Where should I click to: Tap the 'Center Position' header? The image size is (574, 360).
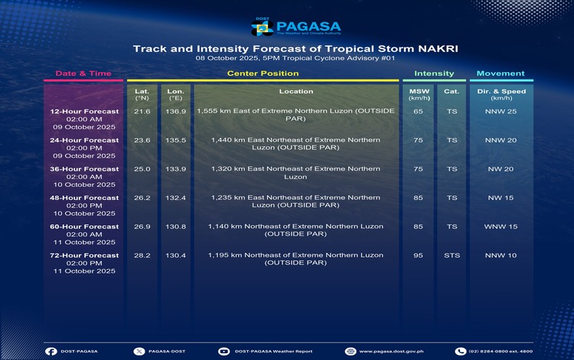[x=263, y=74]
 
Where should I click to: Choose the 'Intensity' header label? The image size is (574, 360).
[x=434, y=74]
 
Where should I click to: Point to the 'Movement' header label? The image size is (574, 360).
[x=501, y=74]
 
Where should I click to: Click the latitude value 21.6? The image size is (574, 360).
[x=142, y=111]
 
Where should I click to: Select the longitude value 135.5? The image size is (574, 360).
[x=176, y=140]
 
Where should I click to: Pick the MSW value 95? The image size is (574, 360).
[x=418, y=255]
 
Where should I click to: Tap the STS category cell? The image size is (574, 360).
[x=452, y=255]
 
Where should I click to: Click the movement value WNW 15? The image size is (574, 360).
[x=501, y=227]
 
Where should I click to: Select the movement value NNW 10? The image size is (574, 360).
[x=501, y=255]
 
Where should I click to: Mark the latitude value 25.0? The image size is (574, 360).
[x=142, y=169]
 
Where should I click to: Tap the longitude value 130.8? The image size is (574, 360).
[x=176, y=227]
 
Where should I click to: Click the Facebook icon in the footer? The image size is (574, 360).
[x=51, y=351]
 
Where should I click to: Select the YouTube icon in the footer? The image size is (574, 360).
[x=223, y=351]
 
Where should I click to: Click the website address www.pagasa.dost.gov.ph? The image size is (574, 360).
[x=391, y=351]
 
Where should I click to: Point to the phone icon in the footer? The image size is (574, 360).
[x=460, y=351]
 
